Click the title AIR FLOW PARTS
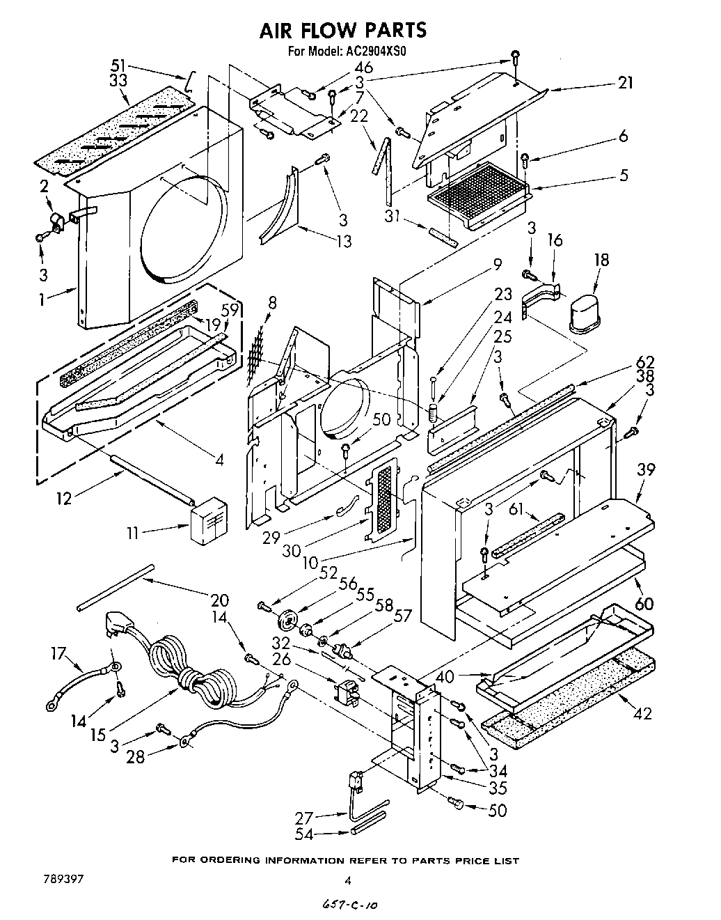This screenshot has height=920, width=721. point(342,30)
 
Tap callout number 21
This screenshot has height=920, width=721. point(626,83)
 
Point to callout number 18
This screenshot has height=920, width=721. point(602,260)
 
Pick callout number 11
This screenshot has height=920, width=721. point(133,533)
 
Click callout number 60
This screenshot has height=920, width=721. point(644,603)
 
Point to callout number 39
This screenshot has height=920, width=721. point(646,470)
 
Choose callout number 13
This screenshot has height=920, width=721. point(342,241)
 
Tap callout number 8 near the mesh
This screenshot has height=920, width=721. point(272,303)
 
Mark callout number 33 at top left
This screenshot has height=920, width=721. point(119,81)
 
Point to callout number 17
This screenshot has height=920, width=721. point(58,654)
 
